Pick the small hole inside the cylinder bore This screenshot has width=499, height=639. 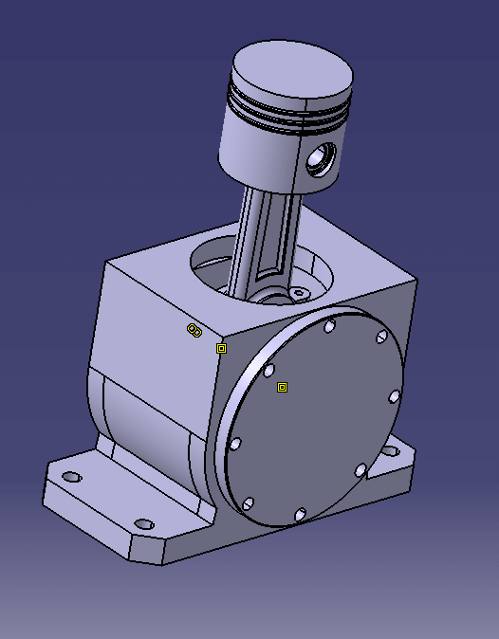302,295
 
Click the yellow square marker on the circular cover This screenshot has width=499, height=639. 282,387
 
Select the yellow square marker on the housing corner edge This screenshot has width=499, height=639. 221,348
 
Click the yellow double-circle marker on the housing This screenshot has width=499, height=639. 194,330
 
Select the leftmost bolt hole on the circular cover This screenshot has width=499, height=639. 235,443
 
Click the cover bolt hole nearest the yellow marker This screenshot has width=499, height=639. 269,370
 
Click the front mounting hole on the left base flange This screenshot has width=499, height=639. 144,523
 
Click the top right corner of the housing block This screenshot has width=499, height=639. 416,281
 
